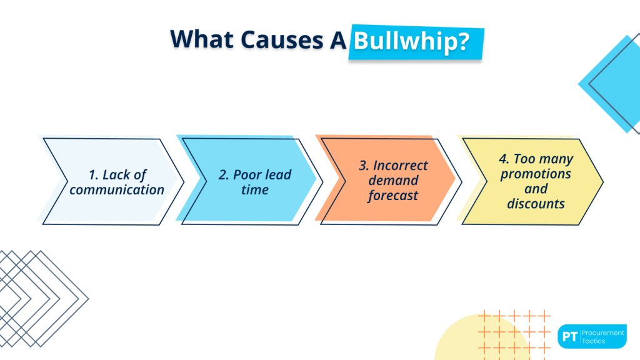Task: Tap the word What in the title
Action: pos(199,38)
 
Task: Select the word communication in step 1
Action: pos(117,189)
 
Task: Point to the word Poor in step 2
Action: pos(247,175)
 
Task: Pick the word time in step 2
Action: pos(254,189)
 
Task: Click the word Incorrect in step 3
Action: pos(401,166)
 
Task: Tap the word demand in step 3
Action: pos(393,181)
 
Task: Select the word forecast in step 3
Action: pos(393,196)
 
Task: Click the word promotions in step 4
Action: pos(536,174)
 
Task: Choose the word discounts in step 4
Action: pos(536,204)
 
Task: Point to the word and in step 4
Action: pos(536,189)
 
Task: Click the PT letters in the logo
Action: pos(569,337)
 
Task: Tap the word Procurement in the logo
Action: pos(603,333)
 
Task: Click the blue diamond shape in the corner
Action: pos(612,81)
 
